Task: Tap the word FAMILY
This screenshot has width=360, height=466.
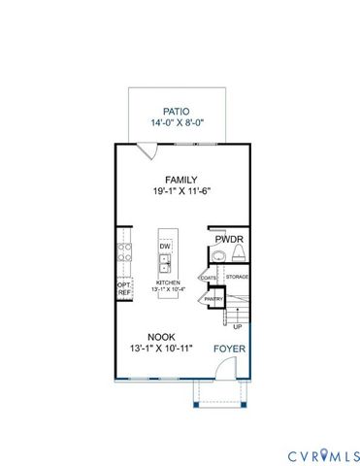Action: pos(181,180)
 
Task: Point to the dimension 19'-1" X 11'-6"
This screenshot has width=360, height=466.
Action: pos(181,192)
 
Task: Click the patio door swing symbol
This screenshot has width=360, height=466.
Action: pos(146,150)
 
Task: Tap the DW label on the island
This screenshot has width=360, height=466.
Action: pos(166,247)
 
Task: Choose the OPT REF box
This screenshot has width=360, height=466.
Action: pos(124,287)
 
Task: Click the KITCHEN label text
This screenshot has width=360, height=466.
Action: pos(166,282)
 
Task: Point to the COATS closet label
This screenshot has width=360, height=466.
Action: pos(209,278)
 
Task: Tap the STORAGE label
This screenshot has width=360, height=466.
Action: pos(238,277)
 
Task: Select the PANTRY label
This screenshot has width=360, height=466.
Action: pos(213,300)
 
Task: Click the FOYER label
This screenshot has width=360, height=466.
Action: pos(229,347)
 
